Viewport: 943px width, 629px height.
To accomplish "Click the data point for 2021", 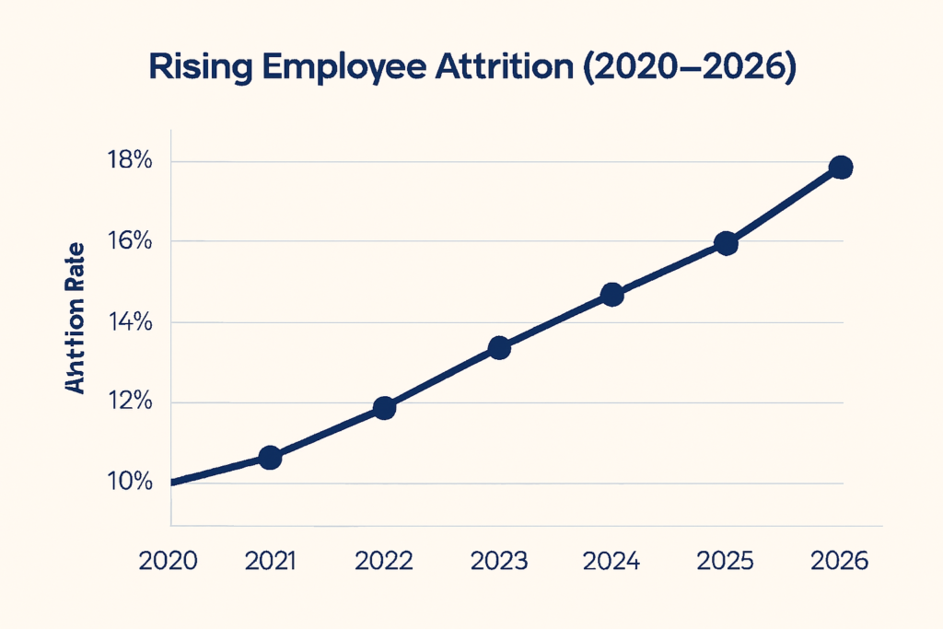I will click(270, 457).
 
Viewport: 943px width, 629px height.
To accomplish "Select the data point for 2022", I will click(385, 407).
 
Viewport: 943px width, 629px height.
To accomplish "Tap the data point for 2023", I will click(499, 347).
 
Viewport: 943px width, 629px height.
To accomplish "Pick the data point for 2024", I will click(611, 295).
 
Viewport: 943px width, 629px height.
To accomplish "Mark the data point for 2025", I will click(726, 243).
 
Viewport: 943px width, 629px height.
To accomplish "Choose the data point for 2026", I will click(840, 168).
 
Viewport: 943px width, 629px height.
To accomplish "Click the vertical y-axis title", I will click(76, 319).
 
